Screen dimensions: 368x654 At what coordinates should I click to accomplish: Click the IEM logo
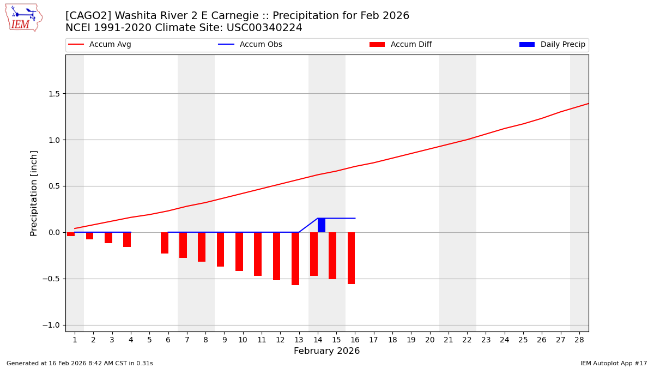23,17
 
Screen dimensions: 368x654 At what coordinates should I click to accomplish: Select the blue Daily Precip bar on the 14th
322,225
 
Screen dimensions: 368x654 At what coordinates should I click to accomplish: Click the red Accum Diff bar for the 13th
295,258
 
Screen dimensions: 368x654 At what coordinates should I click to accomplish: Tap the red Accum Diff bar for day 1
71,234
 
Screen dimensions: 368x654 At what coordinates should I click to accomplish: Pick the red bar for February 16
352,258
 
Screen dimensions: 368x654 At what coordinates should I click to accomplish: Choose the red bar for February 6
165,243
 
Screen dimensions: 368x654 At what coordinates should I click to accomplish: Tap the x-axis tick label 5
149,340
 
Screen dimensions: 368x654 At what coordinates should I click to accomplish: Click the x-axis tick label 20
429,340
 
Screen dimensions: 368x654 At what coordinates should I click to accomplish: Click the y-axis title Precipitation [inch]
34,193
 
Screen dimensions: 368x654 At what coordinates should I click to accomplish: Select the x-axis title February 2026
326,351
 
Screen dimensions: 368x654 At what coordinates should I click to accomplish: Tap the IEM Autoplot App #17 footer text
613,364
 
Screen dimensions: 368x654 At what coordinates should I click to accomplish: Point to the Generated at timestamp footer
80,364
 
